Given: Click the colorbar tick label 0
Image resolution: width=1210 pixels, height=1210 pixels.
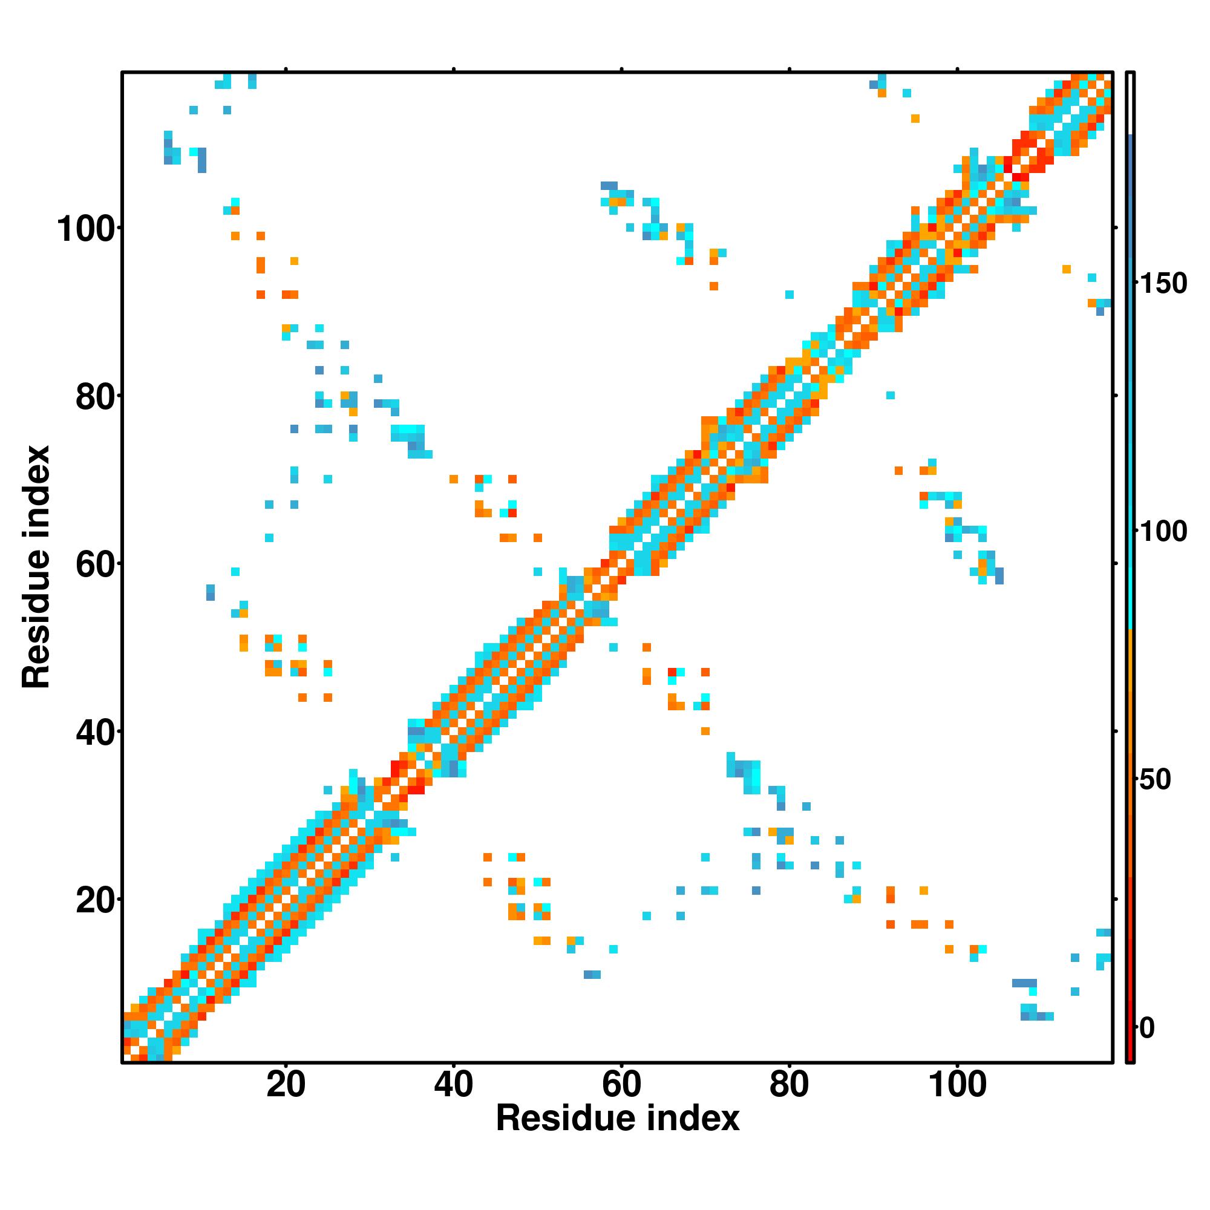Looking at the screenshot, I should coord(1147,1028).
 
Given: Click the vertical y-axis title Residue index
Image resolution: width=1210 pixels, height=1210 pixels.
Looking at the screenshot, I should coord(36,567).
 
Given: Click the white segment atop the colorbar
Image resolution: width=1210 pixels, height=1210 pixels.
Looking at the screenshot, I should coord(1131,103).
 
